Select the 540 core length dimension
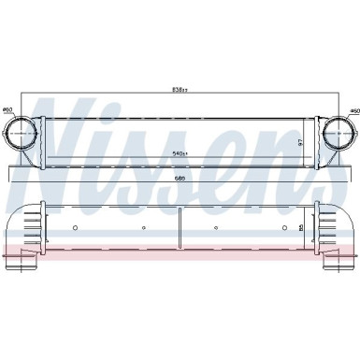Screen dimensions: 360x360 coord(180,152)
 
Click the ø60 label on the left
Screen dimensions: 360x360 coord(8,110)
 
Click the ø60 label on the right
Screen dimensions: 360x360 coord(350,110)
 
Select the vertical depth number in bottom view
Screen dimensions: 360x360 coord(300,227)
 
